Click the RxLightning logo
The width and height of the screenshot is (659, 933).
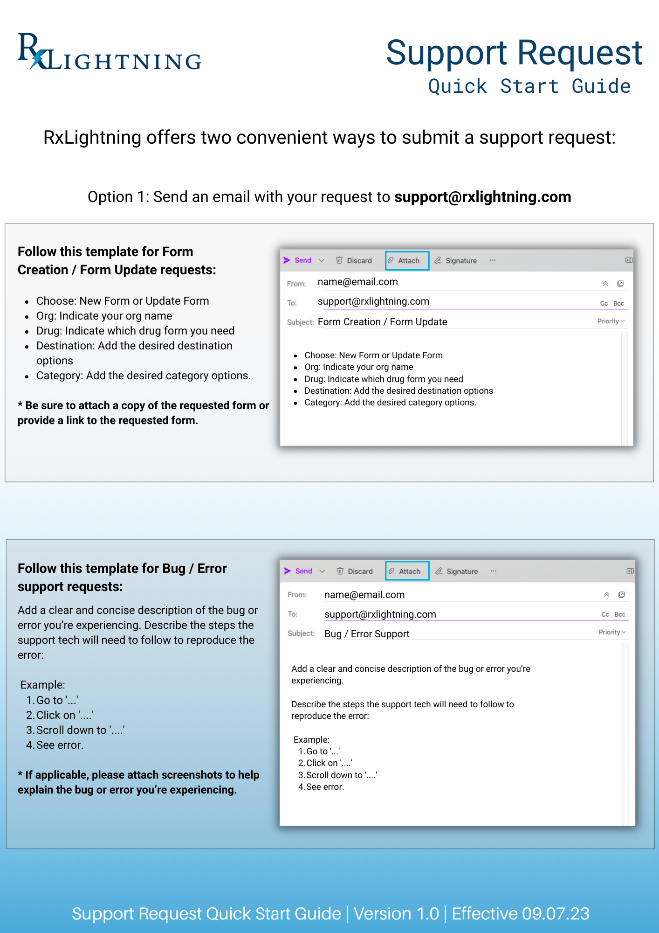(110, 52)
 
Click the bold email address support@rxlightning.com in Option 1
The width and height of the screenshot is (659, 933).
(482, 197)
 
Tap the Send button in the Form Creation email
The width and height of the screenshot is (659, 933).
(298, 260)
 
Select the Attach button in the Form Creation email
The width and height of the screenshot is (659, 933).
(407, 260)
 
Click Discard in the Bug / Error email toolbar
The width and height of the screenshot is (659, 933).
(355, 571)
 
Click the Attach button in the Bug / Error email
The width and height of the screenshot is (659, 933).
(407, 571)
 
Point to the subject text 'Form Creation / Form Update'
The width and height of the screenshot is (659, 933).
(382, 322)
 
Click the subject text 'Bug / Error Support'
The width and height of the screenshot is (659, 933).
(367, 634)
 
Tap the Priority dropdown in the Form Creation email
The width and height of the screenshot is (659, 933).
(611, 321)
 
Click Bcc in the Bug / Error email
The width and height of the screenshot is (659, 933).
(619, 614)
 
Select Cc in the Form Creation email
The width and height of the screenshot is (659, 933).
(604, 303)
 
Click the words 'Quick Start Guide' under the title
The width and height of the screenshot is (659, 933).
(529, 87)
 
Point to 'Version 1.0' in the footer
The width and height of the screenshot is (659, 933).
(396, 913)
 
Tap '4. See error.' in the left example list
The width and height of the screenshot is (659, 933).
(55, 745)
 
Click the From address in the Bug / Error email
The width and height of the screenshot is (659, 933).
(364, 595)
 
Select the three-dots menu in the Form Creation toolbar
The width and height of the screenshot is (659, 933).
(492, 260)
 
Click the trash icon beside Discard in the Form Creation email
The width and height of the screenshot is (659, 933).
(339, 260)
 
